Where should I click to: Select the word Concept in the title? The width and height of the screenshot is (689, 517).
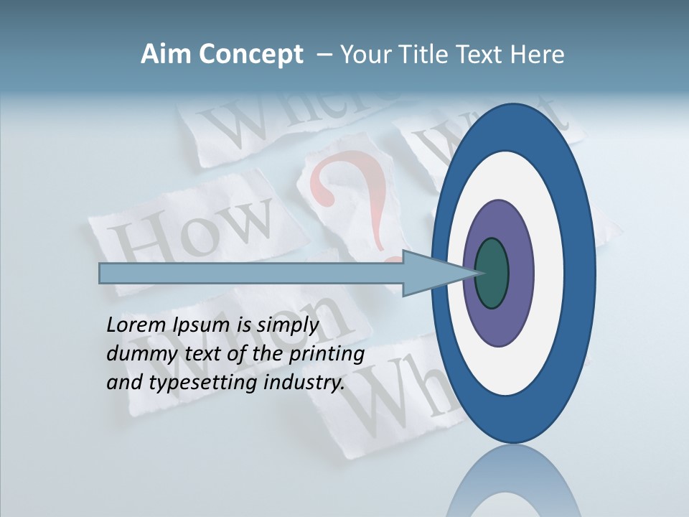tap(251, 55)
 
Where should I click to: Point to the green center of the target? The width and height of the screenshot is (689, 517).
tap(492, 273)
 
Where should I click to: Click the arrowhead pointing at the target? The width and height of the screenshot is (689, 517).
tap(431, 274)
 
